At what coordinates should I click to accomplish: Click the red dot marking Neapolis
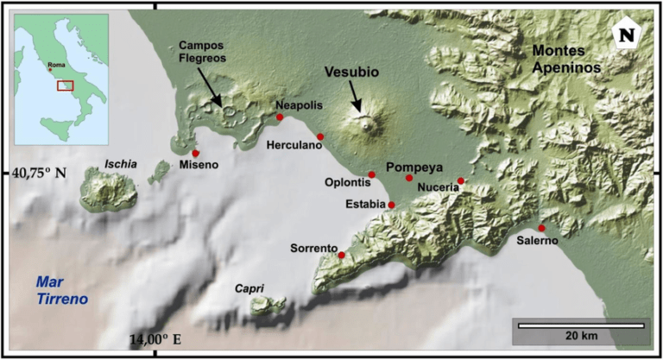click(x=279, y=117)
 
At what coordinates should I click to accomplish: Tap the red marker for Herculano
click(x=320, y=136)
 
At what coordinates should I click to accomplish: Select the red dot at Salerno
click(x=541, y=228)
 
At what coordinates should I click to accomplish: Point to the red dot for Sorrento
click(x=342, y=255)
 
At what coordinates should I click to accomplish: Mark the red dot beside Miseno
click(x=196, y=153)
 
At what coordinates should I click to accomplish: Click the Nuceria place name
click(x=437, y=186)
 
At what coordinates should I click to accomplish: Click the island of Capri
click(x=268, y=305)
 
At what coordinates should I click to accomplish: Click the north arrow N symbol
click(x=625, y=35)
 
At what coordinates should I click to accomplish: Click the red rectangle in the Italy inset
click(x=65, y=85)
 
